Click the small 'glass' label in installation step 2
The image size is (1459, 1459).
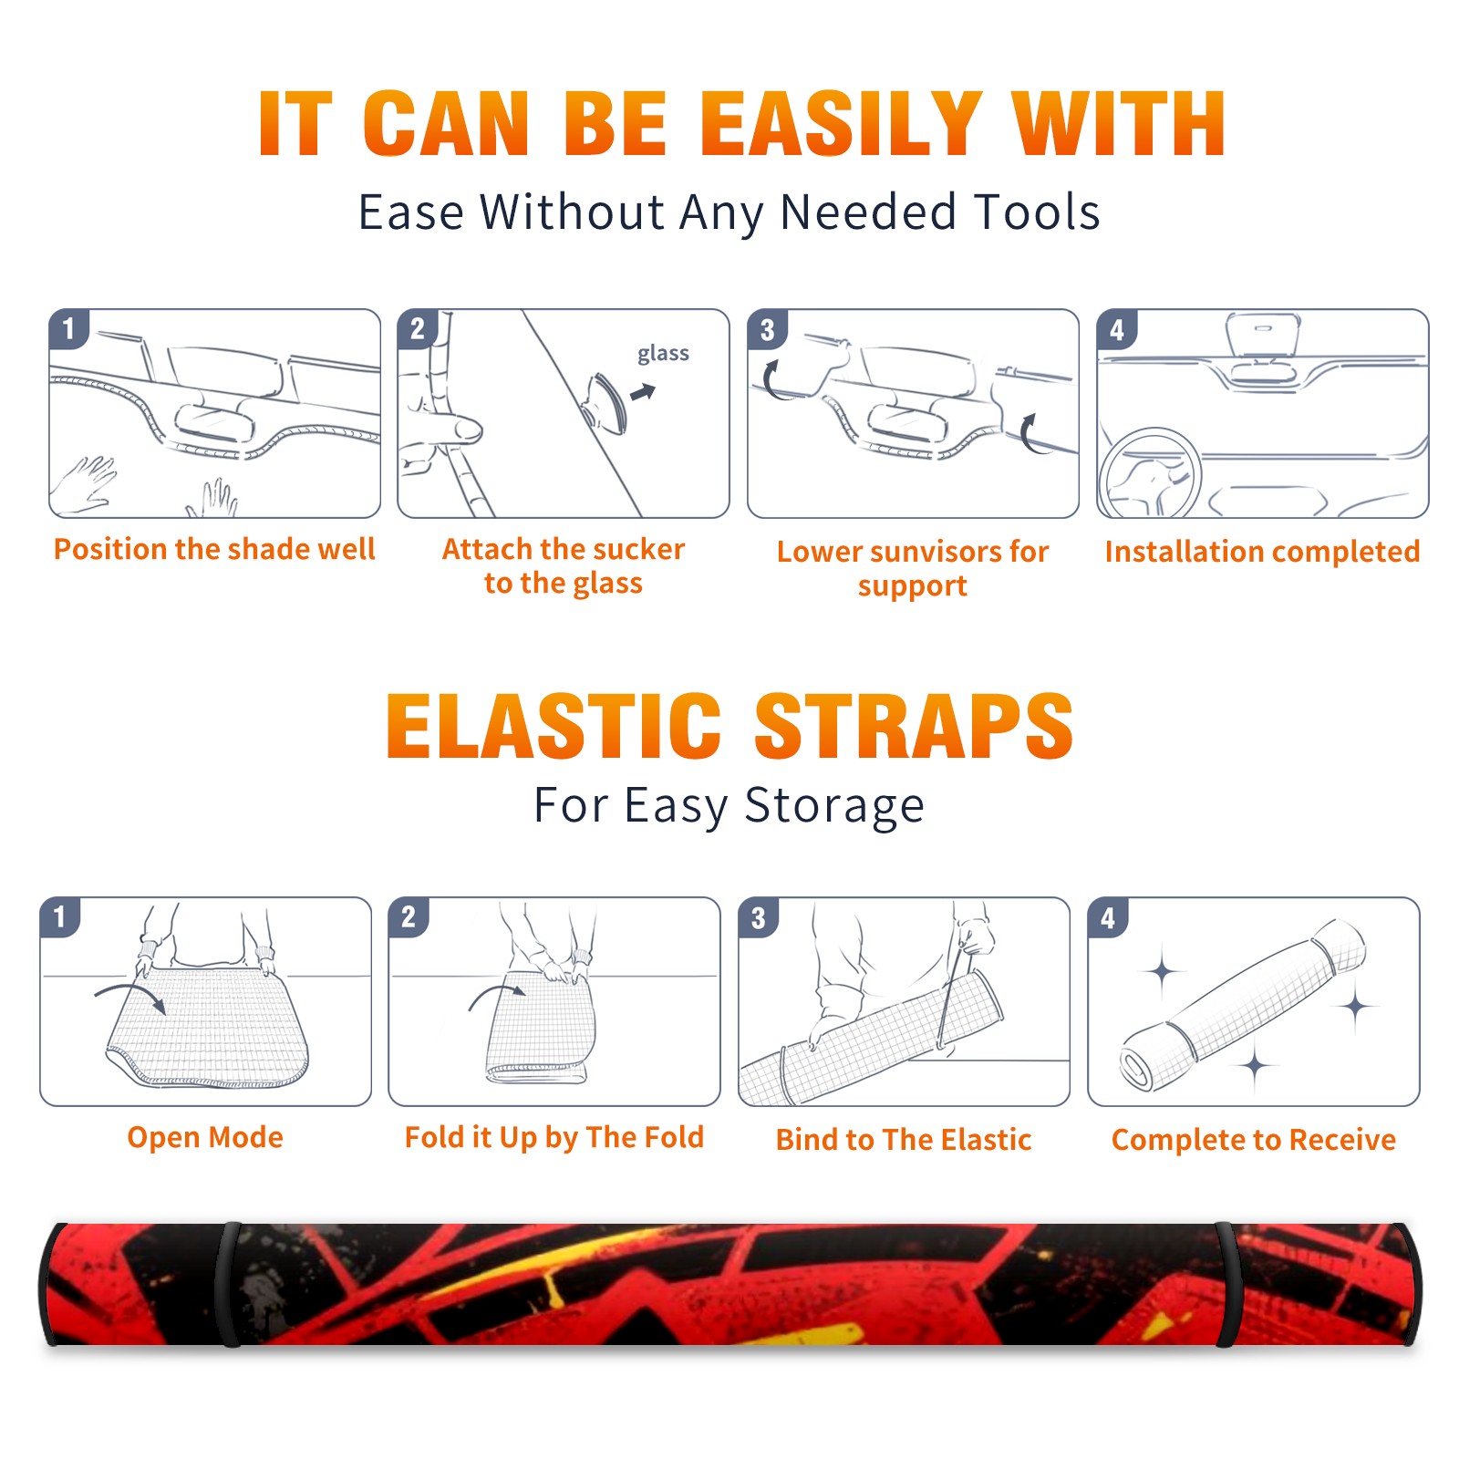pos(663,353)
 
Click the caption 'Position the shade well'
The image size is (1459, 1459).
pos(214,549)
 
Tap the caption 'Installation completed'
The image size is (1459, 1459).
pos(1262,551)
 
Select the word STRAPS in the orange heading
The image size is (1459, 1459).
pos(914,726)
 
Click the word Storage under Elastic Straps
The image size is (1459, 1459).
pos(834,806)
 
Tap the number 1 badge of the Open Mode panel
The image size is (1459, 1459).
pos(60,916)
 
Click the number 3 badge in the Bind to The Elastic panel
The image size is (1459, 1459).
pos(759,917)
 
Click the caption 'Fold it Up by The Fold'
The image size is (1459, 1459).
pos(554,1137)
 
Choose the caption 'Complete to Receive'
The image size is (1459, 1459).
pos(1254,1140)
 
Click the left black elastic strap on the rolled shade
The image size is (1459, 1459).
pos(227,1284)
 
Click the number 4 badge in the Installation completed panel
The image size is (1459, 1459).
pos(1117,329)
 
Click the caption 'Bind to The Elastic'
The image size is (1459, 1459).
pos(904,1140)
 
